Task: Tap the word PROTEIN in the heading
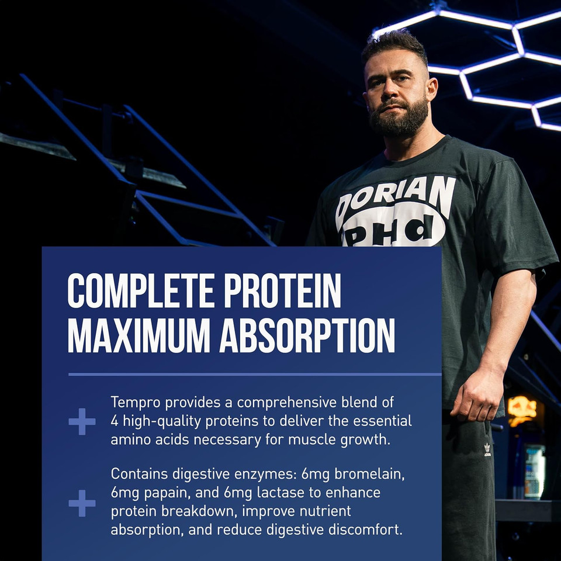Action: pyautogui.click(x=290, y=290)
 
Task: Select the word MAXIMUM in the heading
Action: pyautogui.click(x=138, y=335)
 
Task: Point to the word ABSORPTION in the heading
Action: pyautogui.click(x=307, y=335)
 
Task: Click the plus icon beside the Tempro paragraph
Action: pyautogui.click(x=82, y=421)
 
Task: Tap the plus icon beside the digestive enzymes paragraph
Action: pyautogui.click(x=82, y=503)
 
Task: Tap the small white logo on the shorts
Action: pyautogui.click(x=487, y=449)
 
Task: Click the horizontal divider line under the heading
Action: pyautogui.click(x=254, y=374)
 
